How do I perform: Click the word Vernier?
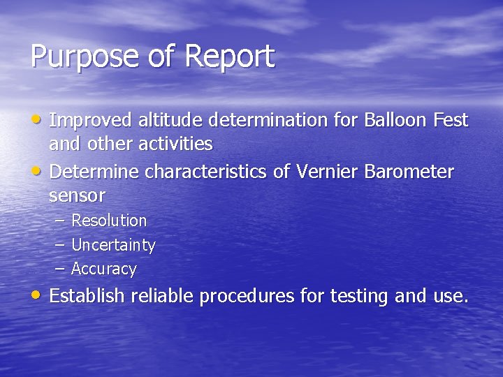click(x=327, y=172)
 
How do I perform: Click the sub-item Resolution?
click(x=109, y=221)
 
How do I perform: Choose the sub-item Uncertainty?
click(x=113, y=246)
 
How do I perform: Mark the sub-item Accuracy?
click(x=104, y=269)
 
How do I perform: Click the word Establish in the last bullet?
click(x=87, y=296)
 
